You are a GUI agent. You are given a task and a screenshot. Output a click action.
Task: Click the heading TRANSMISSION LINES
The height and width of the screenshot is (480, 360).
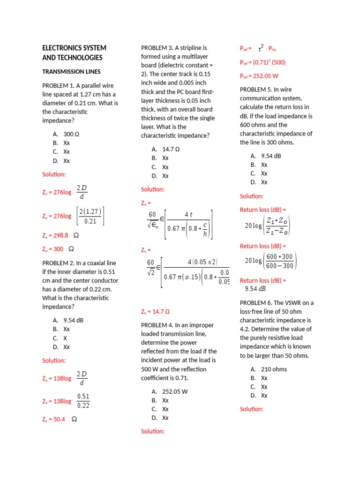coord(71,72)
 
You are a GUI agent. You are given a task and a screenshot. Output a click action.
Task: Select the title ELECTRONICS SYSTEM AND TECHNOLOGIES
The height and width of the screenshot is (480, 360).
coord(74,52)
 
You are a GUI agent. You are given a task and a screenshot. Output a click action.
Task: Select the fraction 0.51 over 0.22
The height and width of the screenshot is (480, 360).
coord(83,401)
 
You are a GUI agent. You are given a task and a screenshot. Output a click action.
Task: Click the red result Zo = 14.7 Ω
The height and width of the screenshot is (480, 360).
coord(155,311)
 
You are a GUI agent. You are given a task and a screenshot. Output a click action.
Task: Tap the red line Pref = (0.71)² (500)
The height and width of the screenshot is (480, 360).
coord(262,62)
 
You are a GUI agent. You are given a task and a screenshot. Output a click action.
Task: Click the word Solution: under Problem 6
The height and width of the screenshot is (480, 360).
coord(252,409)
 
